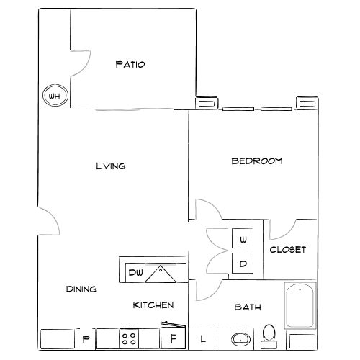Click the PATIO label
130,65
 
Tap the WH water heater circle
53,95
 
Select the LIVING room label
111,166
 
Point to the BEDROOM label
256,161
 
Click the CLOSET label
288,250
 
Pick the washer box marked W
243,239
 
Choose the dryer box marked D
243,264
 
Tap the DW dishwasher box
135,272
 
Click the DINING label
81,289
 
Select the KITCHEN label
153,305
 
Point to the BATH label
247,307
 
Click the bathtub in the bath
300,305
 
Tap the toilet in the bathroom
270,333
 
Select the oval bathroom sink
240,338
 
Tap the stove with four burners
130,338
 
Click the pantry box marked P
86,338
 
